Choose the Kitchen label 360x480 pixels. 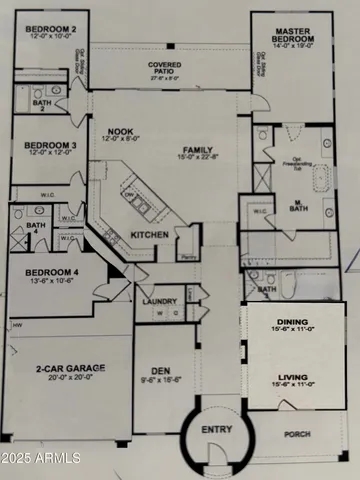150,235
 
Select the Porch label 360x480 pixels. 297,436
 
